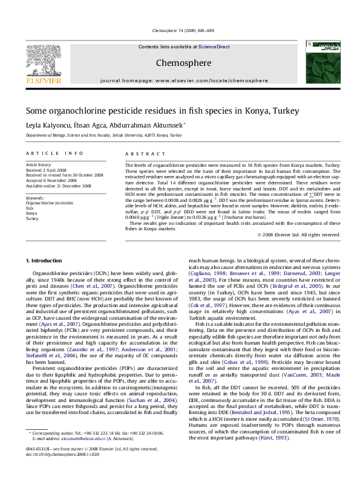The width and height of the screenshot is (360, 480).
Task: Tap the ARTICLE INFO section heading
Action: point(54,154)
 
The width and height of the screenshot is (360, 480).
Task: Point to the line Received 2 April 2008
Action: point(46,170)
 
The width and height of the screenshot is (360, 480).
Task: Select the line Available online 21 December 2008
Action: point(58,186)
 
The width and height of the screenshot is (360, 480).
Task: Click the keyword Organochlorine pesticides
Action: point(49,204)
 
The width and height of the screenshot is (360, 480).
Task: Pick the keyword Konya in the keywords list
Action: point(31,213)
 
